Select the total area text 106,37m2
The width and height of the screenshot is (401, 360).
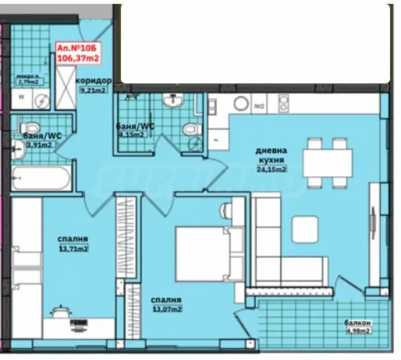77,58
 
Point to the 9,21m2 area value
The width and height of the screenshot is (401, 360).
93,91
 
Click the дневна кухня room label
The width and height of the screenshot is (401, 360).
271,155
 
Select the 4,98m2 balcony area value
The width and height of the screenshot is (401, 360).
358,331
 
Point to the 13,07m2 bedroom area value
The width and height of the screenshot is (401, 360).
167,309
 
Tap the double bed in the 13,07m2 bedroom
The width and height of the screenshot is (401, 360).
200,253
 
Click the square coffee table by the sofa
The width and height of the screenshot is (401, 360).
304,228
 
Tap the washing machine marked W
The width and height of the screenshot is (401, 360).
22,97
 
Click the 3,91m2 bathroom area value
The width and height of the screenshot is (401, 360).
41,145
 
